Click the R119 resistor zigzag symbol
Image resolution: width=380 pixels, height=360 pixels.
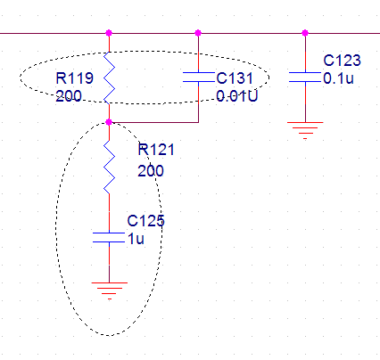[109, 78]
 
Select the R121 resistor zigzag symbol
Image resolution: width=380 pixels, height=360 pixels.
[109, 167]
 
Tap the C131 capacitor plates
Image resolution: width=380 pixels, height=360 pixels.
[198, 77]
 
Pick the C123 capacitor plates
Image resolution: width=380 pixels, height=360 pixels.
[305, 77]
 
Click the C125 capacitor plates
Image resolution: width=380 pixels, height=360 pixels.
[109, 237]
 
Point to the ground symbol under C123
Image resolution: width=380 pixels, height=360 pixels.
[305, 130]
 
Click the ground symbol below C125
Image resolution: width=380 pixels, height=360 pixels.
[110, 290]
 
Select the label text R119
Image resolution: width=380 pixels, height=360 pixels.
[75, 78]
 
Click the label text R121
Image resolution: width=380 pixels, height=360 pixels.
[156, 150]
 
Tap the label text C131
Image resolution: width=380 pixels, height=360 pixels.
[235, 78]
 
